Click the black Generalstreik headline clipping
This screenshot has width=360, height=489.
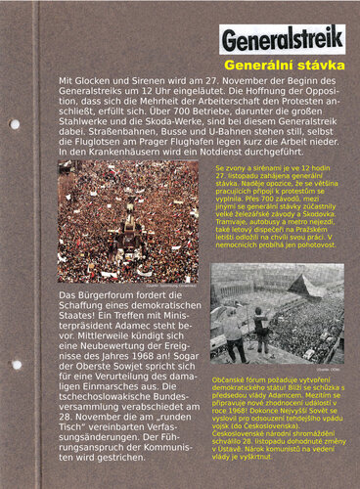pos(282,40)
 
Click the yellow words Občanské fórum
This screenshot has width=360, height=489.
pos(244,377)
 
